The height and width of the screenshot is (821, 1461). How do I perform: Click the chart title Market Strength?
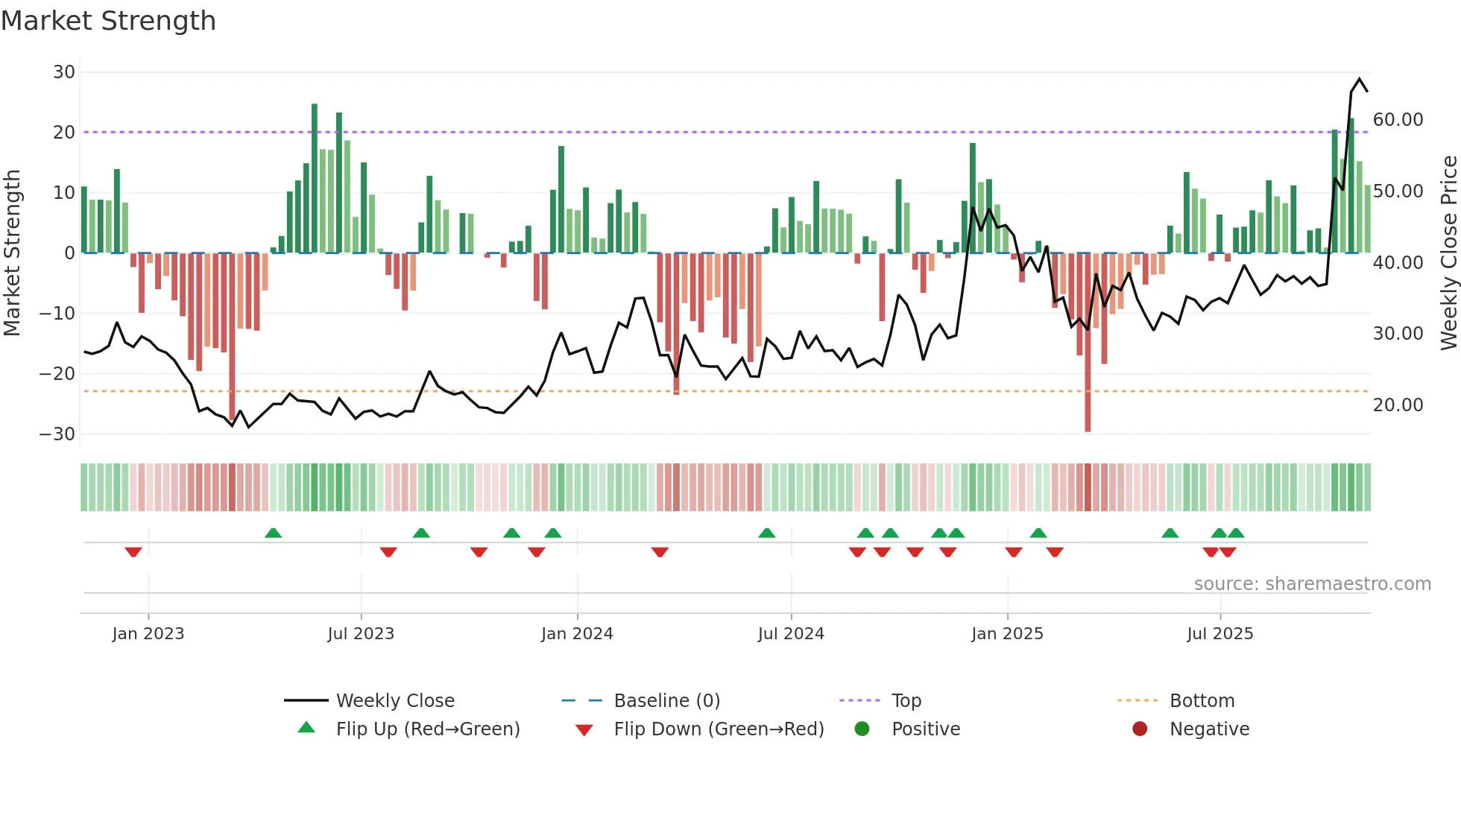108,21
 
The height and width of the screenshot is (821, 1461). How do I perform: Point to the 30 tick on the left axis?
64,72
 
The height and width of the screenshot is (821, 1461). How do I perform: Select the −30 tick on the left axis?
58,434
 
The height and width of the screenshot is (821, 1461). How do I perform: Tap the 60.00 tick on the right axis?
1398,120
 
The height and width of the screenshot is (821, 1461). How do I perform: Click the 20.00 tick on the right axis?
1398,405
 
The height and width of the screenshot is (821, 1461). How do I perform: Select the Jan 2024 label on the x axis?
577,634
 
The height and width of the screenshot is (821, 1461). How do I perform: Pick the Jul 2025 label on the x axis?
1219,634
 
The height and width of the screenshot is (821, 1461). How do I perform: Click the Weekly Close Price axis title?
1448,253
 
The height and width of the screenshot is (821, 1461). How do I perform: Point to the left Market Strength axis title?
13,253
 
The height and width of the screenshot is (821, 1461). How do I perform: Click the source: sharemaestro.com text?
1312,584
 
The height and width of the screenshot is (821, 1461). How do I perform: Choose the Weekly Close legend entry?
394,701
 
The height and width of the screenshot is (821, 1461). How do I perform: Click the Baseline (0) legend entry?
666,701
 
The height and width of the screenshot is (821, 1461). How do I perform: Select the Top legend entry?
906,701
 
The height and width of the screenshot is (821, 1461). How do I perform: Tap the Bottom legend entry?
1202,701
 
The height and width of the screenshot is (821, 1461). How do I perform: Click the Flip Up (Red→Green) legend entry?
427,729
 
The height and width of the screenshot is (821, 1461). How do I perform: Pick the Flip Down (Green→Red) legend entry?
719,729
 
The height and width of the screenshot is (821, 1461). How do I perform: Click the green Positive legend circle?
862,729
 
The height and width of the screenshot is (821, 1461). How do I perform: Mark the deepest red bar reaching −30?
1088,343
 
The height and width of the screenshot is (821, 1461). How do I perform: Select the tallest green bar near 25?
315,179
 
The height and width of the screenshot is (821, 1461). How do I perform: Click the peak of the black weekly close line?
1360,79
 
